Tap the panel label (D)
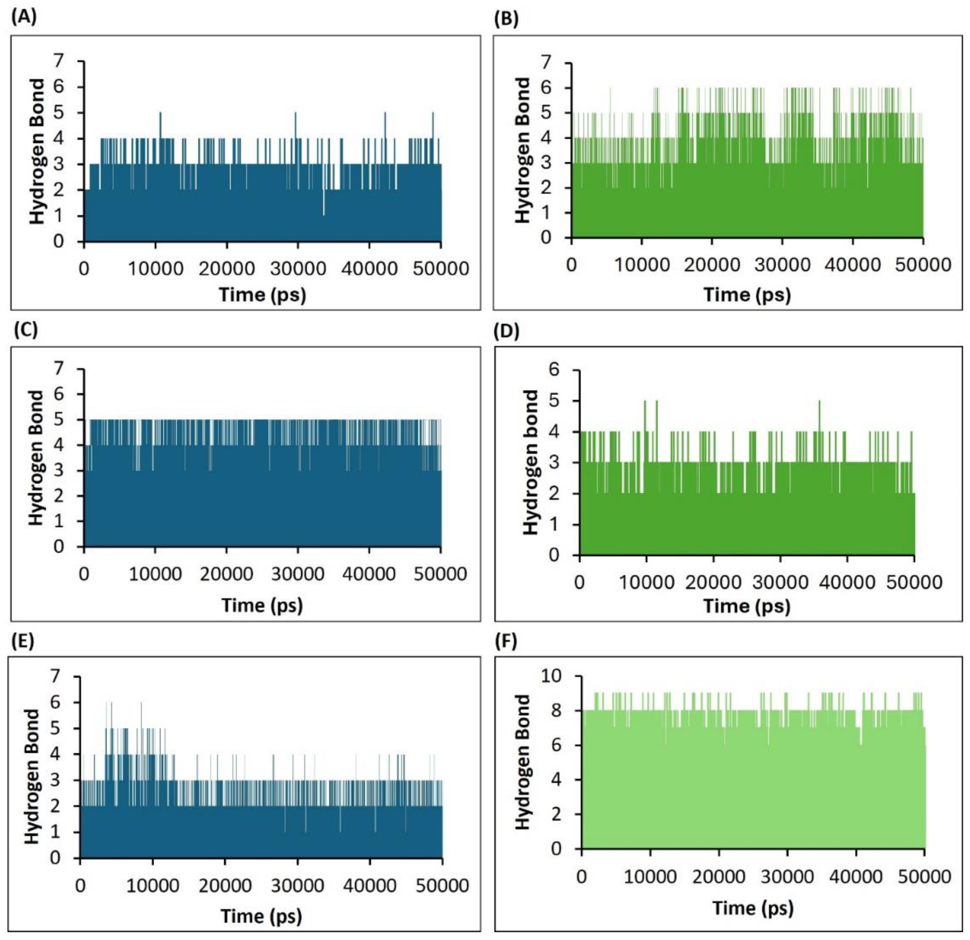[507, 332]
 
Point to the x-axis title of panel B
[747, 295]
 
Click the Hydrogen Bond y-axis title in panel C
[37, 458]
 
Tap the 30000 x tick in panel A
[298, 269]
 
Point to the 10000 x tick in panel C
[155, 574]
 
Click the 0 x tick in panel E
[80, 885]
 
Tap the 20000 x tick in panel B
[712, 265]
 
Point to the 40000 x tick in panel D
[847, 582]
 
